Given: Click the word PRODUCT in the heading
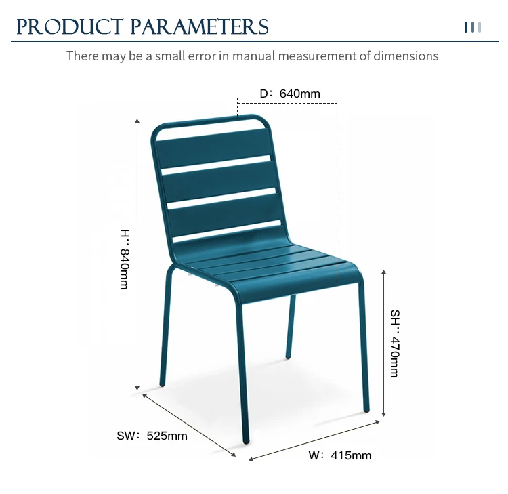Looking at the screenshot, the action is pos(70,26).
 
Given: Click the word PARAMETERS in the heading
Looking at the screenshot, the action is pos(200,26).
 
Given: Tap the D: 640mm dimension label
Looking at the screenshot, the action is pos(290,94).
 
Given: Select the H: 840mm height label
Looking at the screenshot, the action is pos(125,260).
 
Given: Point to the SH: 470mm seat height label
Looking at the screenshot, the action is pos(396,344).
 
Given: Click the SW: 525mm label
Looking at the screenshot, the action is pos(152,436).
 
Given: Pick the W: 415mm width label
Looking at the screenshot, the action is pos(340,455).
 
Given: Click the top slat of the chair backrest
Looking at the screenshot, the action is pos(213,148).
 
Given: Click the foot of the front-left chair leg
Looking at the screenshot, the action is pos(247,440).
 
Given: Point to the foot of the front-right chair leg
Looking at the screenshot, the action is pos(366,409).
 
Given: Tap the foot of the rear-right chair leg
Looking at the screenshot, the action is pos(288,356).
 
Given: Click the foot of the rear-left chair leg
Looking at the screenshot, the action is pos(163,384).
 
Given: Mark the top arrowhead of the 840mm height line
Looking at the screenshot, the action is pos(137,121).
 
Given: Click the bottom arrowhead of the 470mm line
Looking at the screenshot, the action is pos(384,414).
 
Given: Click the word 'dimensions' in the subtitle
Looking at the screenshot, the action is pos(406,56).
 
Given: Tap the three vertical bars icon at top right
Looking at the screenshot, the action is pos(473,27).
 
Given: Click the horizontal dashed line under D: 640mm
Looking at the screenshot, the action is pos(287,104).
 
